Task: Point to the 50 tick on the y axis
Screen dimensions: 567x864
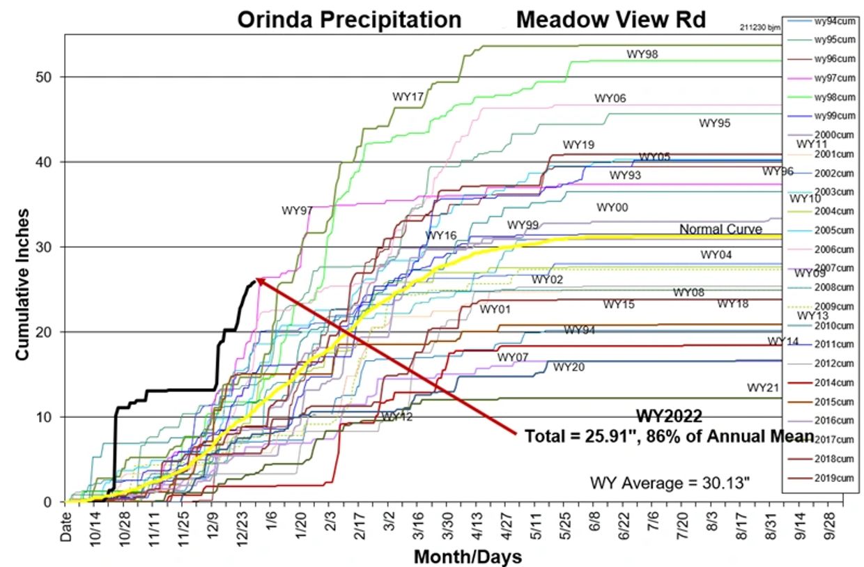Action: pos(43,77)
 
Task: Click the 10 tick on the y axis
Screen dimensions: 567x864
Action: pos(43,417)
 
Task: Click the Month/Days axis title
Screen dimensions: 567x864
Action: pos(468,557)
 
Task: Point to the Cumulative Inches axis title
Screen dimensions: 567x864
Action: pos(22,283)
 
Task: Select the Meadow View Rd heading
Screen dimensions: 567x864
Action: pos(610,20)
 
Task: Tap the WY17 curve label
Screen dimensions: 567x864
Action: pos(408,95)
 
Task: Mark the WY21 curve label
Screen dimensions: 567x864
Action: pos(762,387)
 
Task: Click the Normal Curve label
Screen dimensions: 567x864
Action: pos(720,229)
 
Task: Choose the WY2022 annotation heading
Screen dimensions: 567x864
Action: pos(668,416)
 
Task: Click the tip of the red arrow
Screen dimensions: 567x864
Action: pos(256,279)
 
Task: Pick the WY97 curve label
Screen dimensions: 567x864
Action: pos(297,210)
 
